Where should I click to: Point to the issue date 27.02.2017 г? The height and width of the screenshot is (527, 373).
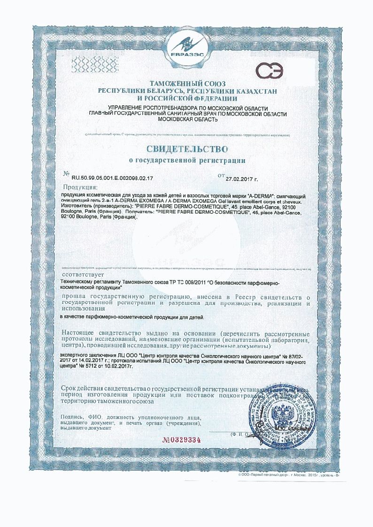(x=242, y=179)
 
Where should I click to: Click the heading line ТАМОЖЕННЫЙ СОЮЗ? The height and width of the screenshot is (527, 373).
(x=187, y=83)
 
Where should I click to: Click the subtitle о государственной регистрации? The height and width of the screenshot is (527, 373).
(x=187, y=160)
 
